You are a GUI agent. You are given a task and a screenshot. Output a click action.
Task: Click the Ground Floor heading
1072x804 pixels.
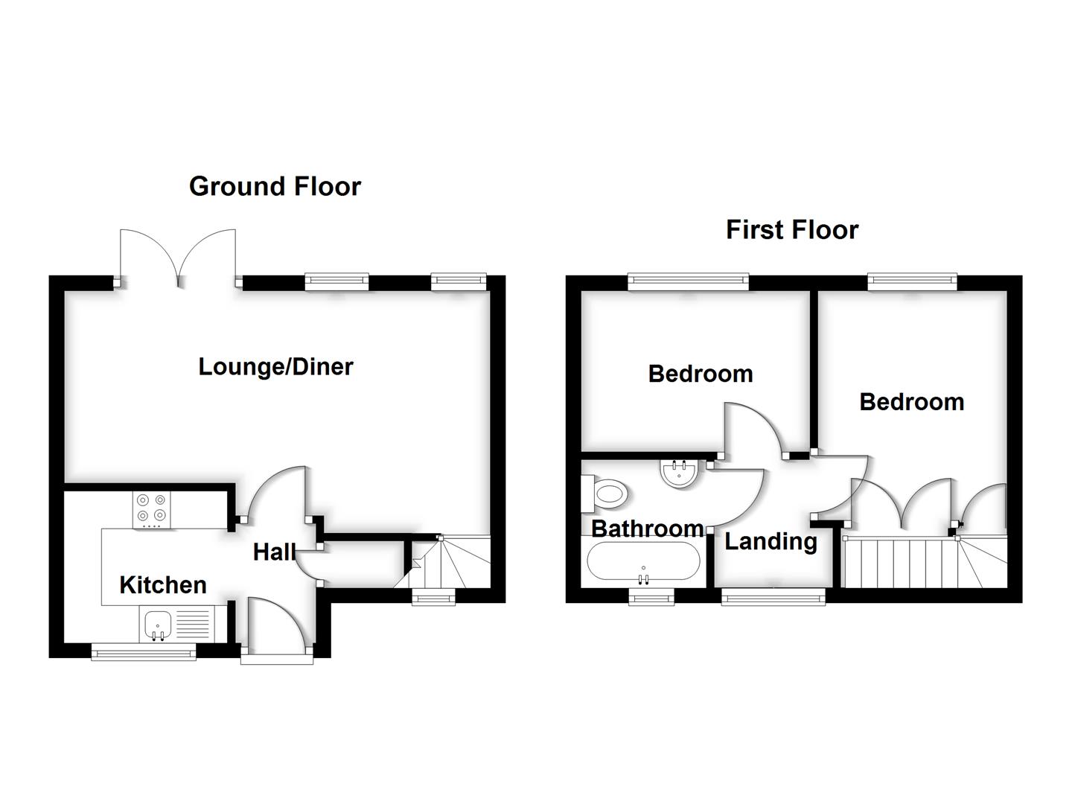pyautogui.click(x=275, y=186)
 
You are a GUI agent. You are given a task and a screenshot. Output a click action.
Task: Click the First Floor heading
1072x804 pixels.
pyautogui.click(x=792, y=229)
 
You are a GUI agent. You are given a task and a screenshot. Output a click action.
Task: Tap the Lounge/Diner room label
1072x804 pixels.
pyautogui.click(x=275, y=366)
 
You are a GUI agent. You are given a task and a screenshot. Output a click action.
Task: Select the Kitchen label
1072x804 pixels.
pyautogui.click(x=163, y=585)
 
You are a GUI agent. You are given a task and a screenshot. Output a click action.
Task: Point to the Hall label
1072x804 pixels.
pyautogui.click(x=273, y=552)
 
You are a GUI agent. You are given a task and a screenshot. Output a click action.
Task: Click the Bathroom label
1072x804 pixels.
pyautogui.click(x=647, y=529)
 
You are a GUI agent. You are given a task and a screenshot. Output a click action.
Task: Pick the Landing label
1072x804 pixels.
pyautogui.click(x=770, y=541)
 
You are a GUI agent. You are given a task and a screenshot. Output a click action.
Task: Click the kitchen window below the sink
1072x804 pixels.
pyautogui.click(x=144, y=654)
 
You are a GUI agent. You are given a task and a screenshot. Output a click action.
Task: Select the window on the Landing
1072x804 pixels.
pyautogui.click(x=773, y=595)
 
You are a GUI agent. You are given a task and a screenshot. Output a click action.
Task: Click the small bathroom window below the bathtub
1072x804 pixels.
pyautogui.click(x=652, y=596)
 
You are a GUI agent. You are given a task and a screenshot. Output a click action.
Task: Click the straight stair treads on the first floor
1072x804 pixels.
pyautogui.click(x=897, y=563)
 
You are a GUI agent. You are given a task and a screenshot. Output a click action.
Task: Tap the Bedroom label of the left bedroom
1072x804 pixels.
pyautogui.click(x=701, y=374)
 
